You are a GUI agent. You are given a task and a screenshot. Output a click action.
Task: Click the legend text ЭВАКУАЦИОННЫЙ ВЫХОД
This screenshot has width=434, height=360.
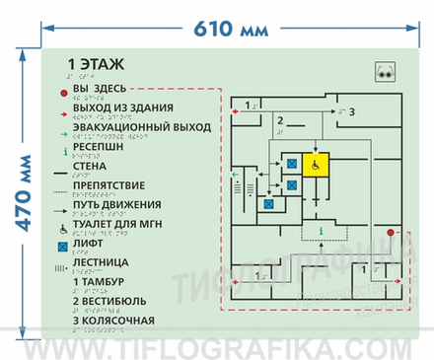(141, 128)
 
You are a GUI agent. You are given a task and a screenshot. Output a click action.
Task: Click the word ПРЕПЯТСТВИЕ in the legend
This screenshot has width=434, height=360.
(108, 185)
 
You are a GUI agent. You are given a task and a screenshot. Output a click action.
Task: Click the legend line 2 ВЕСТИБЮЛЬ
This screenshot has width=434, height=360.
(110, 301)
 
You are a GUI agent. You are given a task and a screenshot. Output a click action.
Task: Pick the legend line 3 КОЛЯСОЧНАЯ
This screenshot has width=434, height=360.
(113, 320)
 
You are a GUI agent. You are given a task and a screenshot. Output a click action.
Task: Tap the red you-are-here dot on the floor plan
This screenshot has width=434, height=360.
(391, 233)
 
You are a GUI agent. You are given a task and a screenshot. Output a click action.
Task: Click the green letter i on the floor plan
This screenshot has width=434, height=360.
(320, 231)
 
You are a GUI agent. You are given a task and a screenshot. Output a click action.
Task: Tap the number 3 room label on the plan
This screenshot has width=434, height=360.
(352, 112)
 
